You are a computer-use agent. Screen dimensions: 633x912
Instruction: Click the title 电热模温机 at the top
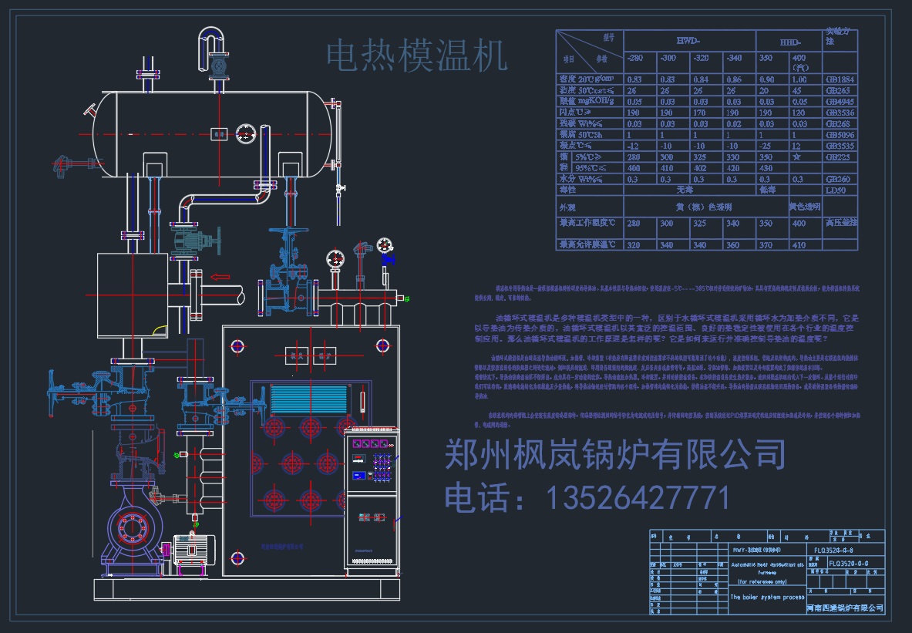pyautogui.click(x=416, y=56)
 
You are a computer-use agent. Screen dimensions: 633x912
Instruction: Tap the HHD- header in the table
pyautogui.click(x=789, y=41)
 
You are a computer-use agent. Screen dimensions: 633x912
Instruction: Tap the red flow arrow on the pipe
pyautogui.click(x=220, y=276)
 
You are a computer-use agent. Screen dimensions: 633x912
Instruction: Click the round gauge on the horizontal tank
pyautogui.click(x=246, y=132)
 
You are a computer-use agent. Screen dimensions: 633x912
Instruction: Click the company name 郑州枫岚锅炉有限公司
pyautogui.click(x=614, y=454)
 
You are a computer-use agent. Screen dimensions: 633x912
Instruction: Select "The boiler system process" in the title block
pyautogui.click(x=766, y=597)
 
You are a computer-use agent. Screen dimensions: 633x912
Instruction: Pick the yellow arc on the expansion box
pyautogui.click(x=160, y=331)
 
